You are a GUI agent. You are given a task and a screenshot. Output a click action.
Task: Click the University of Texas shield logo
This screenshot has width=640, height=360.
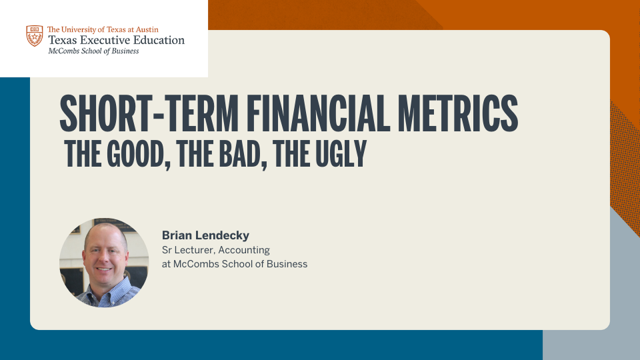[x=35, y=35]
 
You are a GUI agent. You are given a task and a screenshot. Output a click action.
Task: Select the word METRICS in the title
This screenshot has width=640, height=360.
[x=458, y=113]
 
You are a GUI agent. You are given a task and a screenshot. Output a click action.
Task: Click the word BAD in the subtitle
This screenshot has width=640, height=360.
[x=243, y=154]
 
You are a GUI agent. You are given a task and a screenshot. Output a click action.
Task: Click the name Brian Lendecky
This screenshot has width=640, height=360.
[x=205, y=235]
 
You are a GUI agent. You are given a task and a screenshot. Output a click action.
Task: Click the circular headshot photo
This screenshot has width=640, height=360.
[x=104, y=263]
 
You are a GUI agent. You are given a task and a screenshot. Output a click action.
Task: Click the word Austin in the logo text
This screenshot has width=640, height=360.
[x=147, y=29]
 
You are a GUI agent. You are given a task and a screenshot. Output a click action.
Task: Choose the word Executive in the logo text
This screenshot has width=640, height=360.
[x=107, y=40]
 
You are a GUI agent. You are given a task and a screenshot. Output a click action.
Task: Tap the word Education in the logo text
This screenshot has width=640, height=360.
[x=161, y=40]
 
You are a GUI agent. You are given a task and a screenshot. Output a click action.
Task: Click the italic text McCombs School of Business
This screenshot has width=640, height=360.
[x=93, y=51]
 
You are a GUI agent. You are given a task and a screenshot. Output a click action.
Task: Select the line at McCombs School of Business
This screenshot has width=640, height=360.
[x=235, y=264]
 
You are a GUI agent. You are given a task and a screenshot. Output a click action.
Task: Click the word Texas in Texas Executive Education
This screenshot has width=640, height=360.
[x=63, y=40]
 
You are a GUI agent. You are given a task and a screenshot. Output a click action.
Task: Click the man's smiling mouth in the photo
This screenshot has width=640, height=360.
[x=104, y=269]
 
